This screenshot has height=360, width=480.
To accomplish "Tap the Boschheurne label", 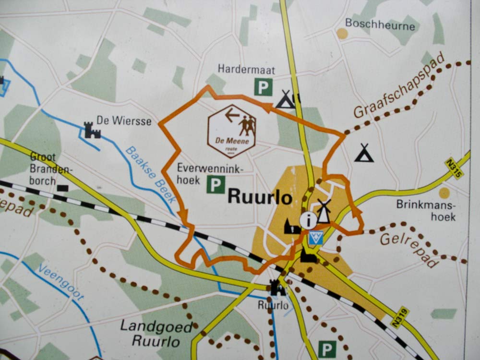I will coord(380,24).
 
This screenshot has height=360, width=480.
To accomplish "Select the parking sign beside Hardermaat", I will coord(263,87).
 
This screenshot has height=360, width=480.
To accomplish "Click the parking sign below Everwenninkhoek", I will coord(216,184).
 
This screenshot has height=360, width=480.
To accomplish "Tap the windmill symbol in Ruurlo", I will coord(324,211).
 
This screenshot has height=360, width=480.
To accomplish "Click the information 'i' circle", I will coord(308,220).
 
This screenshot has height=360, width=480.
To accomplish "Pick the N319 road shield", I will coord(399,318).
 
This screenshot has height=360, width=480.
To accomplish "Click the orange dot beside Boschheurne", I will coord(342,33).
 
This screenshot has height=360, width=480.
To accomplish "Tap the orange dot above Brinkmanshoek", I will coord(444,193).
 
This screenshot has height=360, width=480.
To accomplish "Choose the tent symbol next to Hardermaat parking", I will coord(286,99).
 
